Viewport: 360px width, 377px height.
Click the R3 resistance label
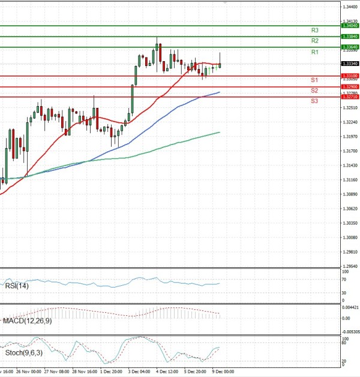[x=314, y=30]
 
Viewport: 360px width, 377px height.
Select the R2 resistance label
[x=314, y=41]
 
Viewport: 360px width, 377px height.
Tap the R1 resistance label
[x=314, y=53]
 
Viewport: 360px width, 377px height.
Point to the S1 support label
[x=314, y=80]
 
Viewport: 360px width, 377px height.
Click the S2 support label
[x=314, y=90]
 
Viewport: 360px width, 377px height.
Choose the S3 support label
[x=314, y=101]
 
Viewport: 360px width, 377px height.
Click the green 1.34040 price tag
[x=349, y=26]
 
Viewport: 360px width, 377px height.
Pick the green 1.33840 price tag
[x=349, y=37]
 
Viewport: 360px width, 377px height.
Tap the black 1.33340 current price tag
[x=349, y=64]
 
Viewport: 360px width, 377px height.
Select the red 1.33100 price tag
[x=349, y=76]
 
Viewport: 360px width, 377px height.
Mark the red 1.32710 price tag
[x=349, y=96]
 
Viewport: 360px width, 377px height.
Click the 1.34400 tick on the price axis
[x=349, y=7]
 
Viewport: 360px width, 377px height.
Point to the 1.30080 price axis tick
[x=349, y=237]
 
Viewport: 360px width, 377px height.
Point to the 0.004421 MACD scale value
[x=350, y=307]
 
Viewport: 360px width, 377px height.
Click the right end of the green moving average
[x=220, y=132]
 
